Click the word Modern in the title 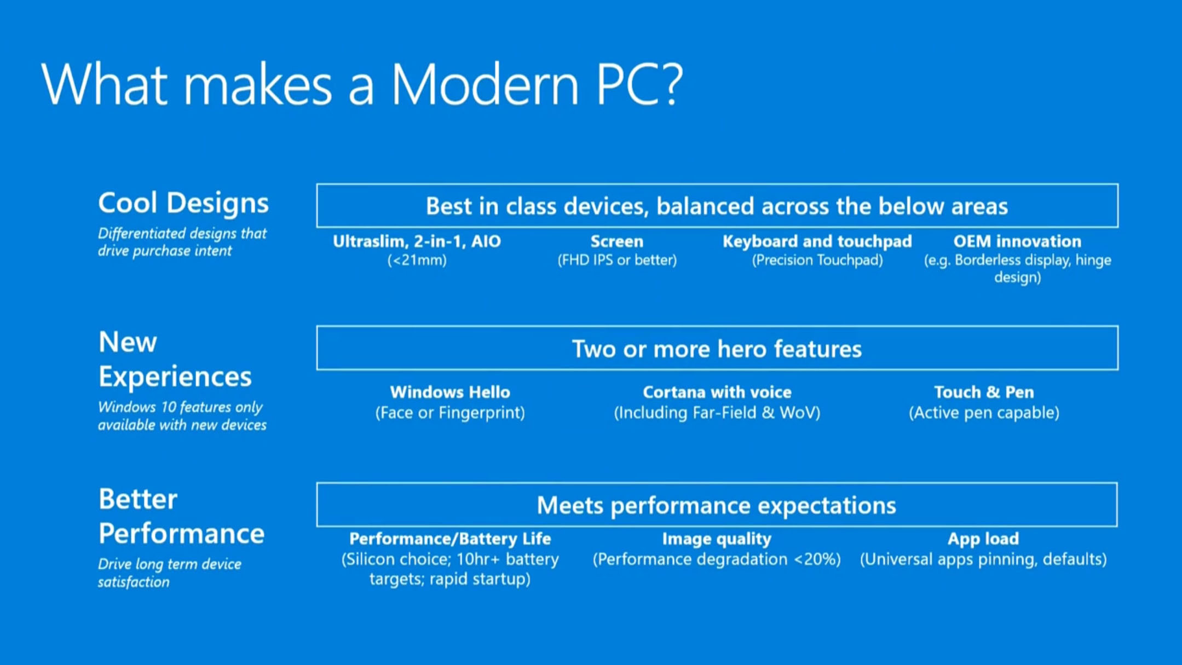click(485, 85)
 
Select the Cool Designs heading click(183, 203)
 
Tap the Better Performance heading click(181, 516)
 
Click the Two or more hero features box click(717, 349)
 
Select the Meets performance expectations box click(717, 505)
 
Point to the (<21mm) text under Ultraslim click(417, 260)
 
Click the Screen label click(617, 241)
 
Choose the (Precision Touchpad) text click(817, 260)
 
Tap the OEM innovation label click(1017, 241)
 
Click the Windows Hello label click(450, 392)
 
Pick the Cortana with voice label click(717, 392)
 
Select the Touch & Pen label click(984, 392)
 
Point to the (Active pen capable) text click(984, 413)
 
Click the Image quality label click(717, 539)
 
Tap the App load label click(983, 539)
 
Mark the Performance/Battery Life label click(450, 539)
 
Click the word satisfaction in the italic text click(134, 582)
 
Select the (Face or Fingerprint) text click(450, 413)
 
